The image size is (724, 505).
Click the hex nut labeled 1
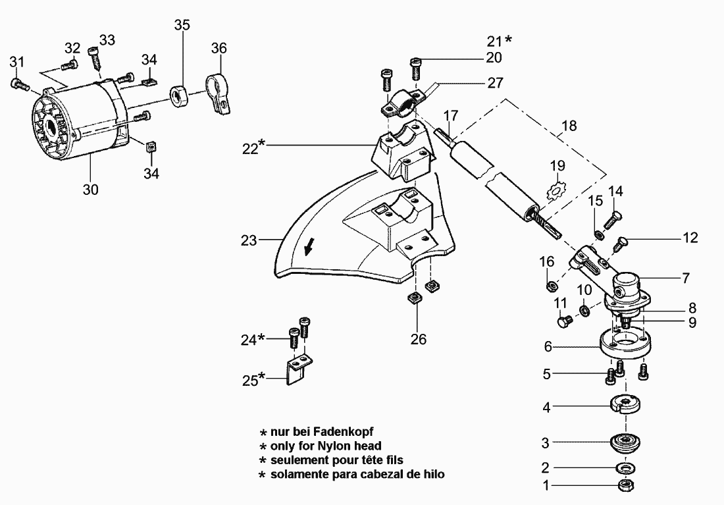pyautogui.click(x=625, y=486)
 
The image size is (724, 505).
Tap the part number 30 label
pyautogui.click(x=91, y=190)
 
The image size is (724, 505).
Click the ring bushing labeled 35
pyautogui.click(x=178, y=95)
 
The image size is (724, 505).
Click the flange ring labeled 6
pyautogui.click(x=623, y=344)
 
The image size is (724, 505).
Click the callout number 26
pyautogui.click(x=419, y=339)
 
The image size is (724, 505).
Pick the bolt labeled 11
pyautogui.click(x=563, y=321)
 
